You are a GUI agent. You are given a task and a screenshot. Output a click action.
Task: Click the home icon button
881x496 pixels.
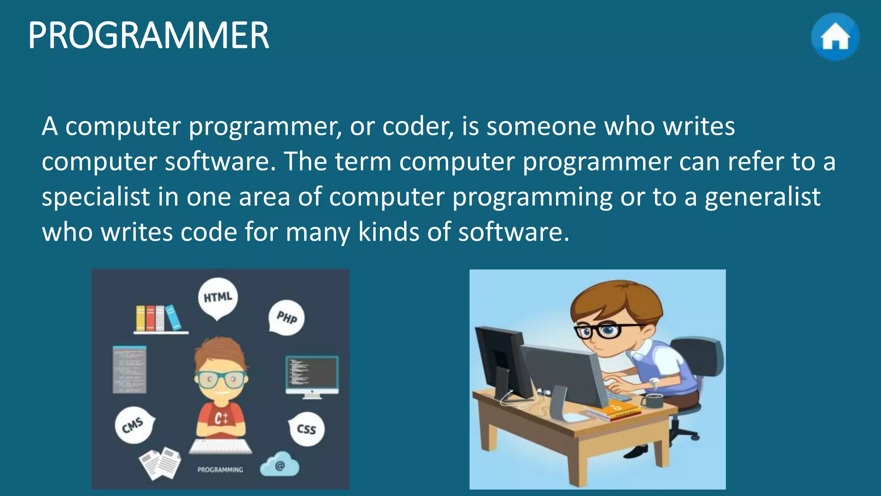835,37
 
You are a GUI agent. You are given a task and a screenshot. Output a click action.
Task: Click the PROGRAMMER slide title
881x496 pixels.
148,35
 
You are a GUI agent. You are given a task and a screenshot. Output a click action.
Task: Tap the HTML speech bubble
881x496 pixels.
218,298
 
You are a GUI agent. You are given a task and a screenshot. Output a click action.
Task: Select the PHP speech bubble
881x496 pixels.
286,318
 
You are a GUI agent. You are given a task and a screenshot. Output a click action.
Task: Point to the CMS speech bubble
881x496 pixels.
133,425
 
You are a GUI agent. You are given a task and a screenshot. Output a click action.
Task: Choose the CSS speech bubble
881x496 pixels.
307,429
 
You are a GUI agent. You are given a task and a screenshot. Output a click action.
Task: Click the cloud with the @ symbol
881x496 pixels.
280,465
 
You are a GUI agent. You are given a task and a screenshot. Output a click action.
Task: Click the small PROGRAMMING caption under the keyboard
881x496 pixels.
220,470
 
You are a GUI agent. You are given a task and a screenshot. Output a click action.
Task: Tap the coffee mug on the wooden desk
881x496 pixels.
653,400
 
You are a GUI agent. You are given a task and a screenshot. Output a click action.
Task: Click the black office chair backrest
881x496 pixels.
699,357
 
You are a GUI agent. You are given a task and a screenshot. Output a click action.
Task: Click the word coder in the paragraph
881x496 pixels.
417,127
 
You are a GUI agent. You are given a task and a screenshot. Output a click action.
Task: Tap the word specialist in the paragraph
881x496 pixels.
95,197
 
